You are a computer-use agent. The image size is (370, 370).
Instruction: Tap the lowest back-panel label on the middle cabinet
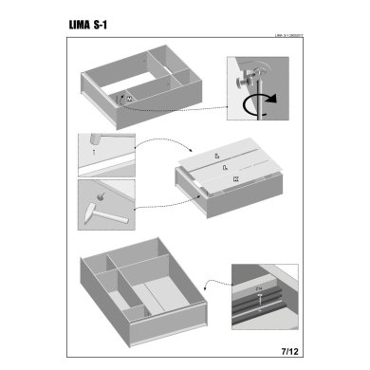tap(235, 178)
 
